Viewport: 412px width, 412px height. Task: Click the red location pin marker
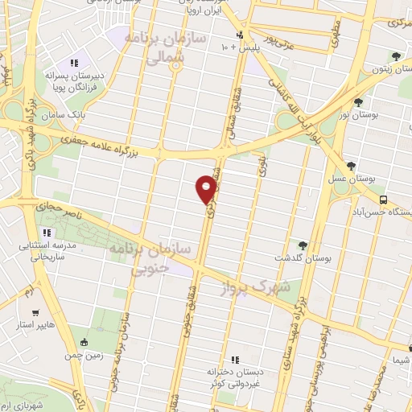pyautogui.click(x=207, y=188)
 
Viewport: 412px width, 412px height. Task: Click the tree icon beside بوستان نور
pyautogui.click(x=358, y=101)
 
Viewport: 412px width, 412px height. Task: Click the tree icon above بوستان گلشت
pyautogui.click(x=303, y=245)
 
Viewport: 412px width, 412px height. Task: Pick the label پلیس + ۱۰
pyautogui.click(x=236, y=47)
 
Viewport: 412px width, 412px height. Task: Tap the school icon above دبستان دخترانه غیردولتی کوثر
pyautogui.click(x=236, y=360)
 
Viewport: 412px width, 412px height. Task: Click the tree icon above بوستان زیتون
pyautogui.click(x=394, y=56)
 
